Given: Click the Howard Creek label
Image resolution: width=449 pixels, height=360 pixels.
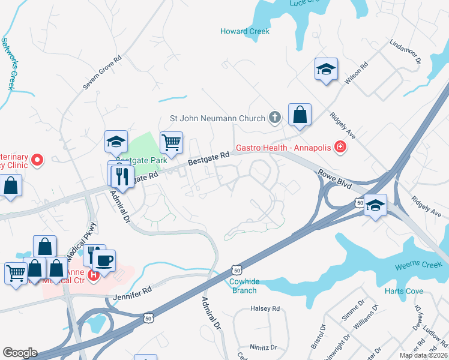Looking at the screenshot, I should (245, 31).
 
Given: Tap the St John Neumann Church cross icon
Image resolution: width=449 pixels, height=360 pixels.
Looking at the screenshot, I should (274, 118).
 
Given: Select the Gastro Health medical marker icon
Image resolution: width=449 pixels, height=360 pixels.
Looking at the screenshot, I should (340, 146).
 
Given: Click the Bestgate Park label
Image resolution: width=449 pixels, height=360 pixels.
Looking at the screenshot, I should (141, 161).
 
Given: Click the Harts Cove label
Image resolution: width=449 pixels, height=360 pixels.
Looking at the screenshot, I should (401, 292).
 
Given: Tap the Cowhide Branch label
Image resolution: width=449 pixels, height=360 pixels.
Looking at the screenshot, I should (243, 286).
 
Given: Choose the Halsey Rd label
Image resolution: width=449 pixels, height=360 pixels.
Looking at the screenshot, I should (265, 309).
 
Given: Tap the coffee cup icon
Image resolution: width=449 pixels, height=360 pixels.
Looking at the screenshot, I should (104, 261).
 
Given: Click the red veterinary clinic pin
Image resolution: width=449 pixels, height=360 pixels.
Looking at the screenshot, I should (37, 160).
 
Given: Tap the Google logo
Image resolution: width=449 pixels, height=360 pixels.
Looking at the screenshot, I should (20, 353).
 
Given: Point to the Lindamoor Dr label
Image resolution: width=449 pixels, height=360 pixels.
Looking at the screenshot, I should (406, 52).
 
